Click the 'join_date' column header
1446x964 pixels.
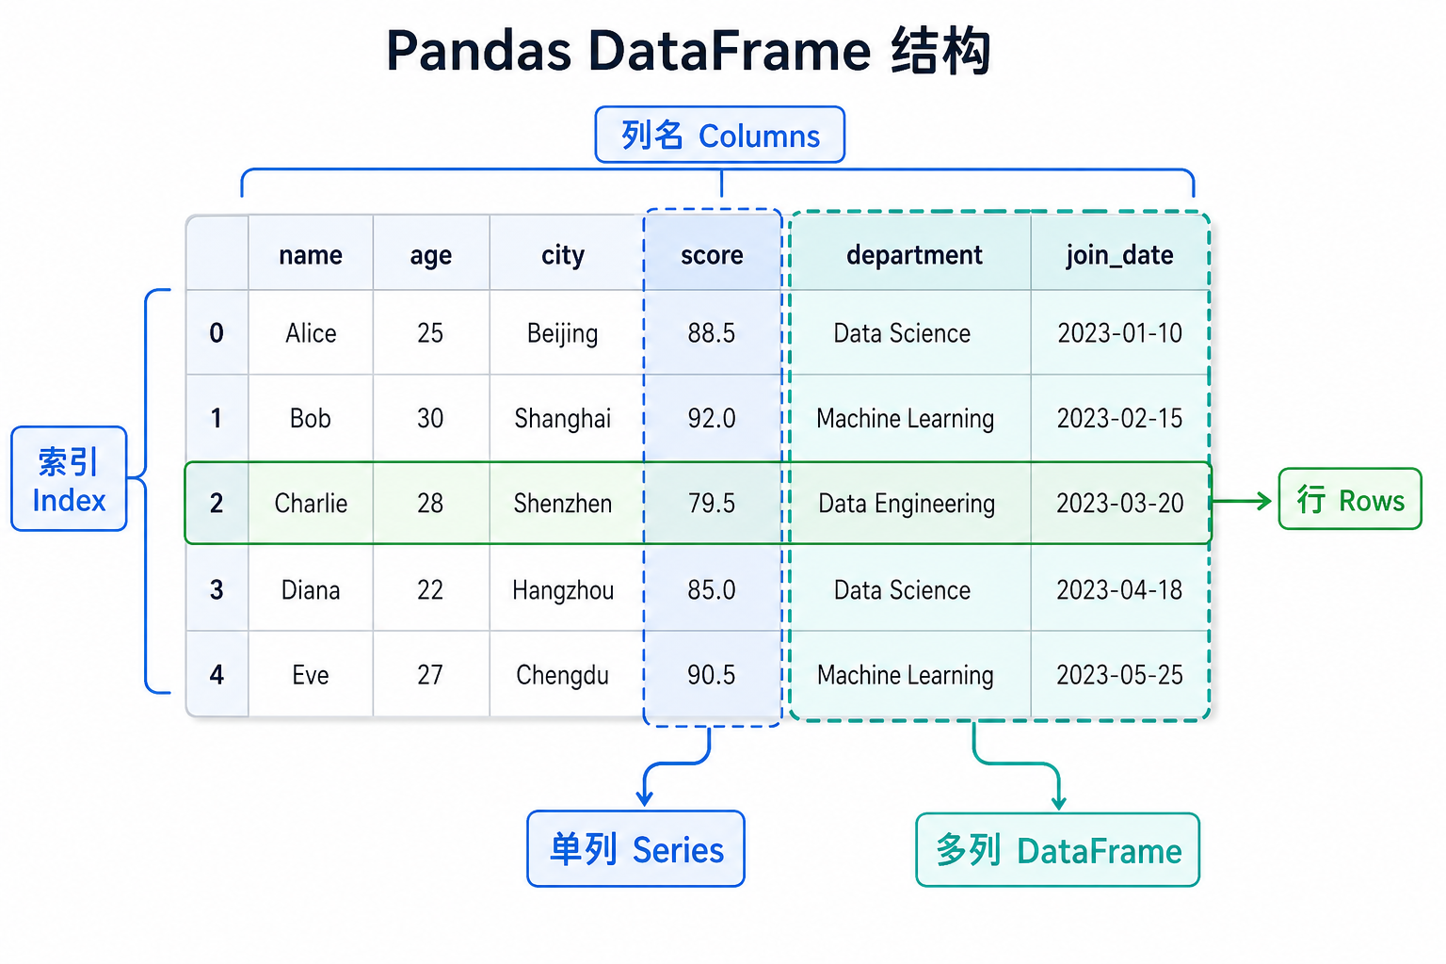[x=1119, y=255]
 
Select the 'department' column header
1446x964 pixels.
[x=913, y=255]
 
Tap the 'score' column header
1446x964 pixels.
[x=712, y=255]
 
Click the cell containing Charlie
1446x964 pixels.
[x=311, y=504]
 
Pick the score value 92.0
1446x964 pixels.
[x=712, y=418]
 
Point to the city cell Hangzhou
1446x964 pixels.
[x=563, y=590]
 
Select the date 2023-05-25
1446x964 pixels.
[x=1119, y=675]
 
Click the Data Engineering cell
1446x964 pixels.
[x=907, y=504]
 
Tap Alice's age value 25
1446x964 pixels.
[x=430, y=333]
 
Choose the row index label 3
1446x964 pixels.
[x=217, y=590]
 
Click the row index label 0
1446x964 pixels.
[x=217, y=333]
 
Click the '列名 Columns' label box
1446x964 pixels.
[x=720, y=136]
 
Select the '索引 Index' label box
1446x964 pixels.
[x=69, y=479]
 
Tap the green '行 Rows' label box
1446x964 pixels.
[x=1350, y=500]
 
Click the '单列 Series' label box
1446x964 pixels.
[x=636, y=849]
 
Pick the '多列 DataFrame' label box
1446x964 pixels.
[x=1058, y=850]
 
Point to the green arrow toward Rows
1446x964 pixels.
[x=1242, y=501]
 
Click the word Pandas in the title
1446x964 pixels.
[x=478, y=51]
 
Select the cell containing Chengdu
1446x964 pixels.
[x=562, y=675]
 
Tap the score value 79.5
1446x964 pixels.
[x=712, y=504]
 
